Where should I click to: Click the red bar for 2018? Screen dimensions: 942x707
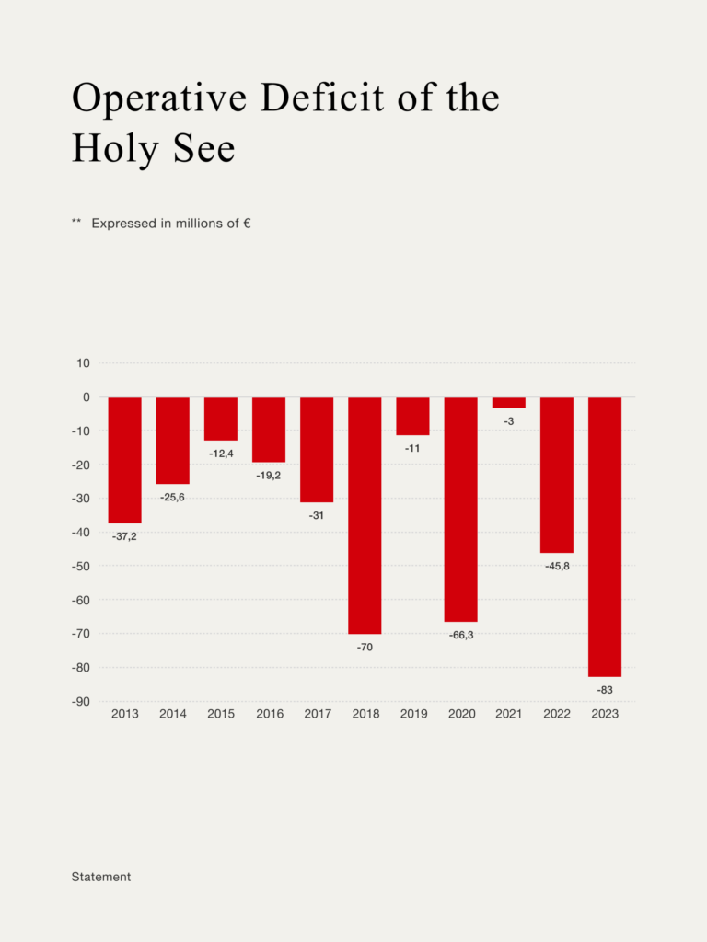(x=365, y=515)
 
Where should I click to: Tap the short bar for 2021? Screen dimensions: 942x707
(x=508, y=402)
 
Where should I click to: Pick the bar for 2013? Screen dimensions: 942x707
(x=125, y=460)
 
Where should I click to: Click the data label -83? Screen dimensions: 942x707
(x=605, y=690)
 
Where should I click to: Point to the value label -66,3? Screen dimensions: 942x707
(x=460, y=635)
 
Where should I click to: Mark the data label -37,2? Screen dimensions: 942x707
(x=125, y=536)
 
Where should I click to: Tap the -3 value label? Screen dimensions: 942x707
(x=508, y=421)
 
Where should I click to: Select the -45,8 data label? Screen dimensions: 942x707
(x=556, y=566)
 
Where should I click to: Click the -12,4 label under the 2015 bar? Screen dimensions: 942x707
(x=221, y=454)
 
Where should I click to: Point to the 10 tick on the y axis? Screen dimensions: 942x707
(x=83, y=363)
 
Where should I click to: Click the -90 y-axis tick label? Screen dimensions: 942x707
(x=80, y=701)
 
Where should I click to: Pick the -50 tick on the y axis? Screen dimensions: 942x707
(x=80, y=566)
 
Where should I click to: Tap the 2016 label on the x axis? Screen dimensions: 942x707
(x=269, y=714)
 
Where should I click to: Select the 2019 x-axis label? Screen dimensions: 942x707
(x=412, y=714)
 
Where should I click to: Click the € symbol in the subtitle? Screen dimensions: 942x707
(x=248, y=223)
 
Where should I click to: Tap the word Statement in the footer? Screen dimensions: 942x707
(x=101, y=877)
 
